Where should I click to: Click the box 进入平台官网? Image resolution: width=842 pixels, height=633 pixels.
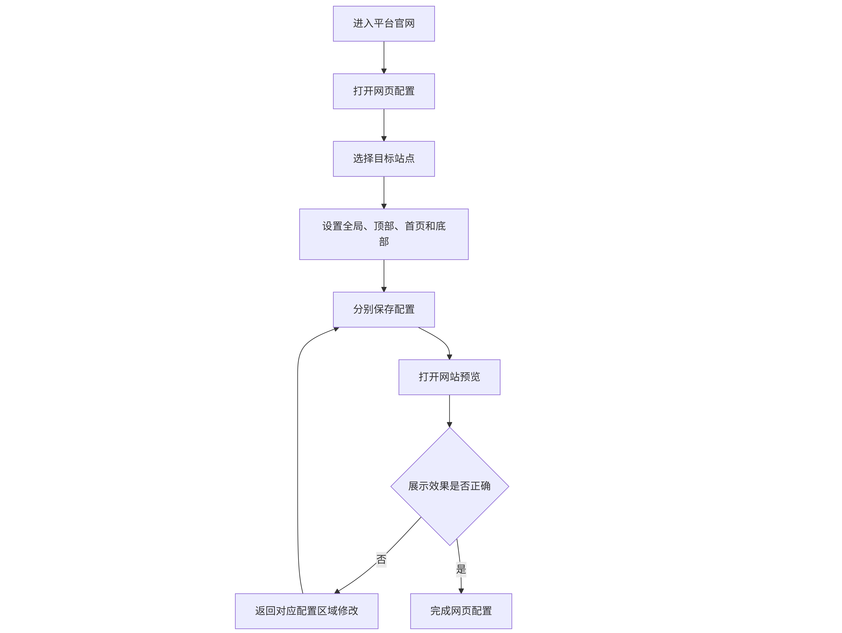coord(384,24)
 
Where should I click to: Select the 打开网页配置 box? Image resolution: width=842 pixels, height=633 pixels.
coord(384,91)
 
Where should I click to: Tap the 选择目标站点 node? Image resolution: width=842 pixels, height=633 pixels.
coord(384,159)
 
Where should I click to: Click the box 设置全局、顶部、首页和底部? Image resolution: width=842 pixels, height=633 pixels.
coord(384,234)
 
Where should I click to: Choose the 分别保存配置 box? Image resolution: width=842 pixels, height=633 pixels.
coord(384,309)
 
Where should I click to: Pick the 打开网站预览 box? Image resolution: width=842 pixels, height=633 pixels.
coord(449,377)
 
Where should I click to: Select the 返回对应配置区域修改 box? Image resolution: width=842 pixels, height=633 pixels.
coord(306,611)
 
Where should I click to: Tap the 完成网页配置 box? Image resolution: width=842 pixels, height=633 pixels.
coord(461,611)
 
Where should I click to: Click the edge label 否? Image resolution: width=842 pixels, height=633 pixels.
coord(381,560)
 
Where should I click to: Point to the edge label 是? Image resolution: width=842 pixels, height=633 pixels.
coord(461,569)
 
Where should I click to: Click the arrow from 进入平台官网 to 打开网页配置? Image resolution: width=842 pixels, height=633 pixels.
coord(384,57)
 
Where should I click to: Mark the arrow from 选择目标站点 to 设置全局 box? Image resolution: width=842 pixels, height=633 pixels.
coord(384,193)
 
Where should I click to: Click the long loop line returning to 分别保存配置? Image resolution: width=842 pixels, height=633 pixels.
coord(298,457)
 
